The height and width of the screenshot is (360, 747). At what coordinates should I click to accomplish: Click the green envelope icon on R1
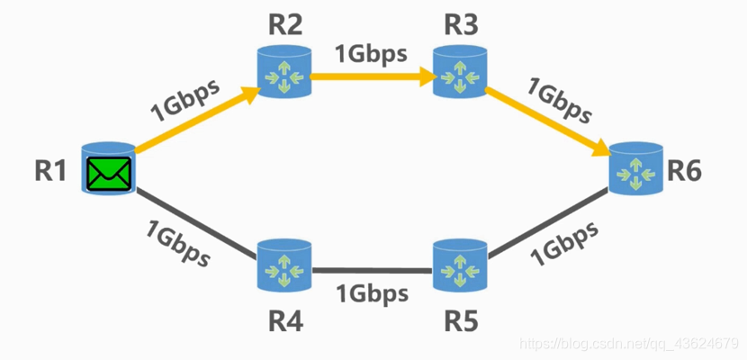coord(109,174)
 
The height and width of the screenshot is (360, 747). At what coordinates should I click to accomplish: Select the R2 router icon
coord(283,72)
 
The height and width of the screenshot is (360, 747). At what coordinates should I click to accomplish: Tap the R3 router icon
coord(460,72)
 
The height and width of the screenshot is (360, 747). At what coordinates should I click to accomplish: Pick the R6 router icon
coord(635,168)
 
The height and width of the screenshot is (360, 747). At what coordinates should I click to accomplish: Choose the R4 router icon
coord(283,265)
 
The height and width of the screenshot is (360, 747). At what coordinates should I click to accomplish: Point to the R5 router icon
coord(460,265)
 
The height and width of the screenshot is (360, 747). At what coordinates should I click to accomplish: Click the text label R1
coord(50,171)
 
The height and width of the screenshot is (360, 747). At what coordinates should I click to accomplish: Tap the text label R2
coord(285,26)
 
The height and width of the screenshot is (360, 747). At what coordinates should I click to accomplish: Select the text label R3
coord(461,26)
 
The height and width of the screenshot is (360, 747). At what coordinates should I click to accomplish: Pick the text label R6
coord(684,171)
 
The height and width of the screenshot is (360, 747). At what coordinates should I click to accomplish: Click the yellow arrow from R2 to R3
coord(373,76)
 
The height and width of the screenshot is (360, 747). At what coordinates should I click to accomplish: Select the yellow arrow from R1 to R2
coord(197,120)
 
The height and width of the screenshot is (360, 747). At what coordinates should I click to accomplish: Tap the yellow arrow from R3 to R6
coord(548,121)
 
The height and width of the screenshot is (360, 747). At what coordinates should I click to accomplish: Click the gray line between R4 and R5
coord(372,271)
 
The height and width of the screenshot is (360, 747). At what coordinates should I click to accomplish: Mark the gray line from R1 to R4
coord(196,225)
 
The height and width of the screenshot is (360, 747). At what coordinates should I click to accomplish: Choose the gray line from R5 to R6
coord(548,223)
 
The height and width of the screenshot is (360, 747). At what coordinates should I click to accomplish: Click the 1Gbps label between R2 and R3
coord(372,54)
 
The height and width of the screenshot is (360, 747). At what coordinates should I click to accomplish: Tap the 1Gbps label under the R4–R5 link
coord(373,293)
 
